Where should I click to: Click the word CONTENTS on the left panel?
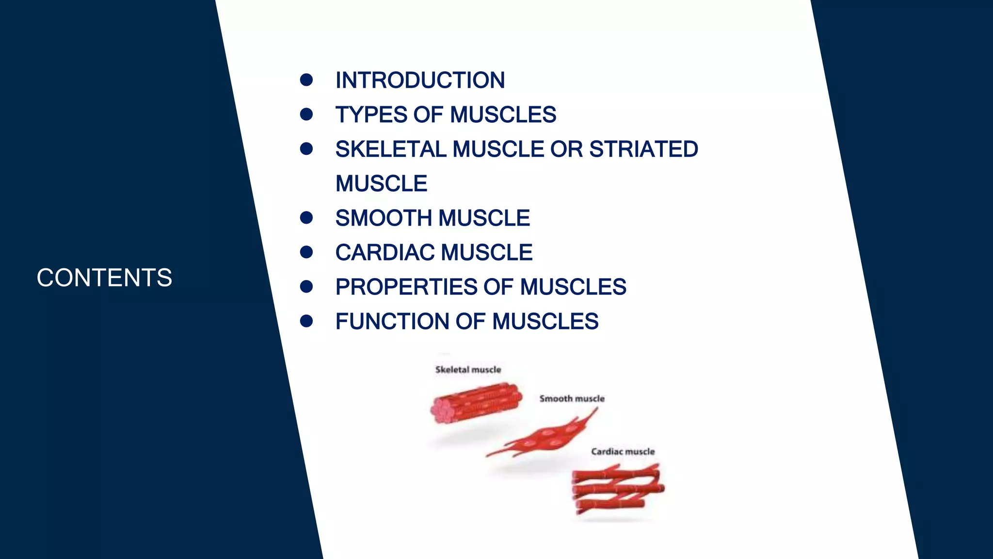(104, 278)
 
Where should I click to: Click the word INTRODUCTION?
(420, 81)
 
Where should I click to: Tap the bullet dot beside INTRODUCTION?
(306, 80)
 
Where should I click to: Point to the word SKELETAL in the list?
(390, 149)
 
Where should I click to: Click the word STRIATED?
(643, 149)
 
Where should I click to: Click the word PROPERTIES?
(406, 287)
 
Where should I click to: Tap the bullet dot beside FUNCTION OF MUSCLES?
(306, 321)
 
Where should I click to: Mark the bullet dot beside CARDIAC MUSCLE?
(306, 252)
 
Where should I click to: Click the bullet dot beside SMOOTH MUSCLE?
(306, 217)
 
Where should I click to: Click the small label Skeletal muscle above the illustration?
(468, 370)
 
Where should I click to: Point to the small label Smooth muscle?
(572, 399)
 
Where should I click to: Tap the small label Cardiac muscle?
(623, 452)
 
